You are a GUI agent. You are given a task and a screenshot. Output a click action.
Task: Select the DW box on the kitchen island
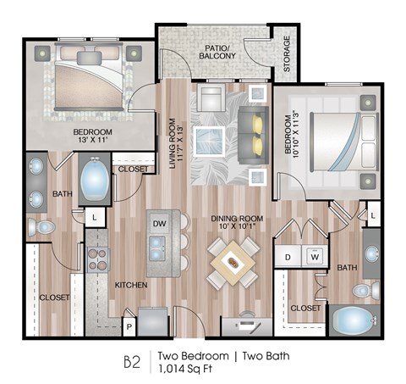[158, 224]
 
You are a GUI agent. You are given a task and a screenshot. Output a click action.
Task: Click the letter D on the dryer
[288, 256]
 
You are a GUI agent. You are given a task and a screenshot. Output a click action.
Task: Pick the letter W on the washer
[314, 256]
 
